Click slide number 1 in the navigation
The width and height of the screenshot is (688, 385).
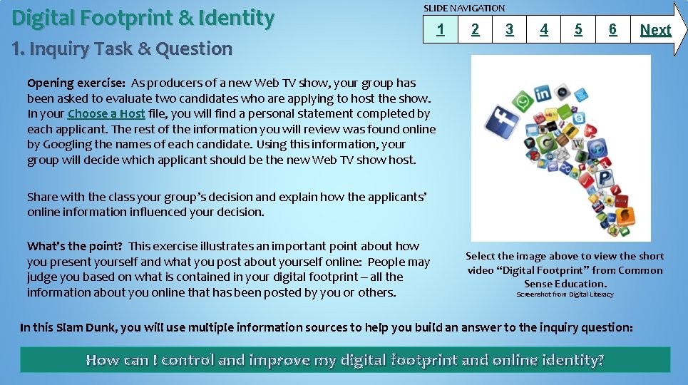coord(441,30)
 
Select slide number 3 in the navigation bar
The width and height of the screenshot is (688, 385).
coord(509,30)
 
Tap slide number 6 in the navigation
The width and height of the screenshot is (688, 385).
coord(612,30)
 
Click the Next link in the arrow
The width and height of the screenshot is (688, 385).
coord(655,30)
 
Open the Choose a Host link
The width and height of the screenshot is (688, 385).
coord(106,114)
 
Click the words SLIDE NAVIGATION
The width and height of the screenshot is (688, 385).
coord(464,8)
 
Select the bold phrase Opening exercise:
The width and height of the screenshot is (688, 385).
coord(76,83)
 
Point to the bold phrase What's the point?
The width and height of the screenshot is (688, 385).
coord(75,246)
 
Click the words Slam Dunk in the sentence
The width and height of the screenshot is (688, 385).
coord(85,328)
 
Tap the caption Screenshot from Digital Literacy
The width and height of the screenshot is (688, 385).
coord(565,294)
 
